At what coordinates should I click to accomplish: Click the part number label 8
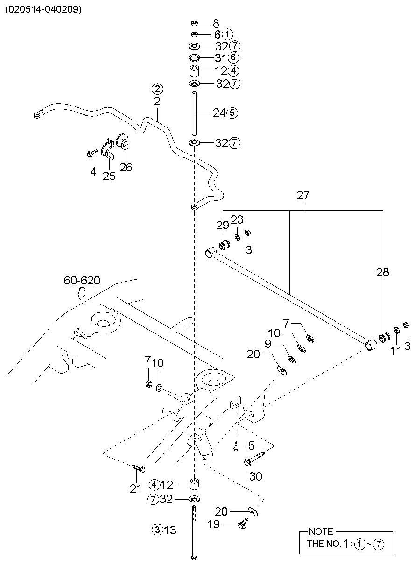tap(216, 23)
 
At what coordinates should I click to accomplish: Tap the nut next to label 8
tap(194, 23)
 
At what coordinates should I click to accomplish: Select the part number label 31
tap(220, 58)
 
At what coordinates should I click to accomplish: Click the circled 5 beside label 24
tap(232, 113)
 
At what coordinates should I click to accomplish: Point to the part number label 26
tap(126, 167)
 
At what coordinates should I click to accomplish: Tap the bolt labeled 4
tap(92, 153)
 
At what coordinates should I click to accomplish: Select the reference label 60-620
tap(82, 280)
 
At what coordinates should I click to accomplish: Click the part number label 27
tap(303, 195)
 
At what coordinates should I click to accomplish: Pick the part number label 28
tap(383, 272)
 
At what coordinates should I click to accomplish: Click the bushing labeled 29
tap(225, 245)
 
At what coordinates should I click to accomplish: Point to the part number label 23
tap(237, 219)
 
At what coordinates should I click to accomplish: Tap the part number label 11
tap(396, 351)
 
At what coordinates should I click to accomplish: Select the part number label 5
tap(251, 446)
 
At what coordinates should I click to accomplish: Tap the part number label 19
tap(213, 524)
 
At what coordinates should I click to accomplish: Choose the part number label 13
tap(170, 530)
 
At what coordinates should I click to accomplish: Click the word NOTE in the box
tap(321, 531)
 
